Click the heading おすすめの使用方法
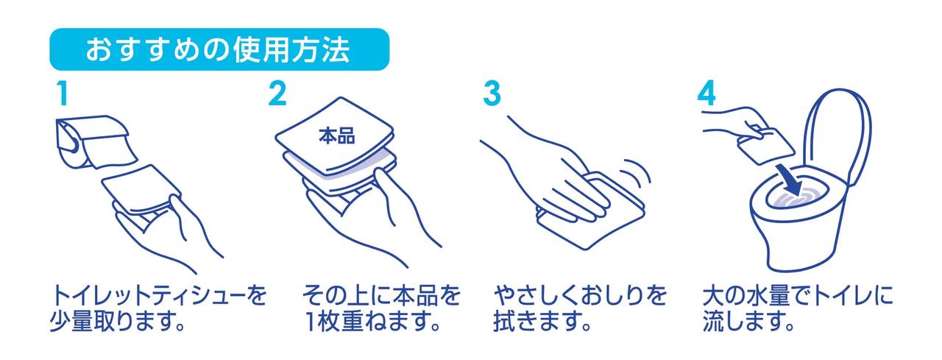coord(217,50)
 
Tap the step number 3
coord(492,93)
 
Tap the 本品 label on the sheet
coord(336,136)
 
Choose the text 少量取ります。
coord(119,322)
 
